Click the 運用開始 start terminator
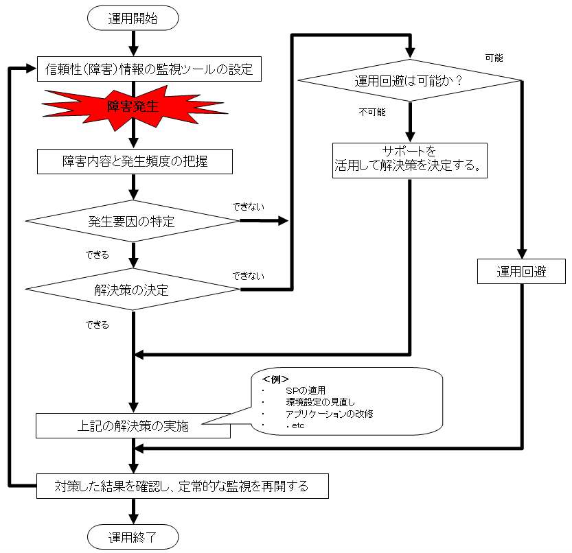coord(133,19)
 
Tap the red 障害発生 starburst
coord(134,106)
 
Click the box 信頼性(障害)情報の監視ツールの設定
coord(149,69)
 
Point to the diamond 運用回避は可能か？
coord(409,81)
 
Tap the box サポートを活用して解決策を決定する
coord(409,159)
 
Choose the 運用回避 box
coord(521,272)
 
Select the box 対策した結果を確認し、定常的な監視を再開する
coord(181,487)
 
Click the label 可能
coord(494,58)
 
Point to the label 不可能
coord(371,112)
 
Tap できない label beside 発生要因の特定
coord(248,205)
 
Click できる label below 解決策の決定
coord(97,325)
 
